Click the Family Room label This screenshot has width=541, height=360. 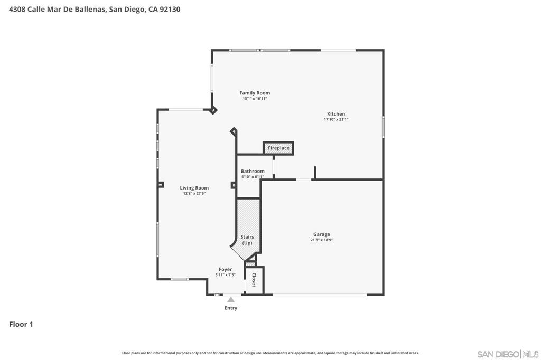(255, 93)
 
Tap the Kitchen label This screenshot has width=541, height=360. (336, 114)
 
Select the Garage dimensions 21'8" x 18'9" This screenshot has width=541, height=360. (322, 240)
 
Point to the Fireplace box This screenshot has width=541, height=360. (278, 148)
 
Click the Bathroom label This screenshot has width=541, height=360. (253, 171)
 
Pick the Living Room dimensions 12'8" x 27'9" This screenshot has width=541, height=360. (194, 193)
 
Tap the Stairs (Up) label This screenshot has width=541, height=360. (247, 240)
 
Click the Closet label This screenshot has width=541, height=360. (254, 280)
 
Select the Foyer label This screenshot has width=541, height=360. (225, 269)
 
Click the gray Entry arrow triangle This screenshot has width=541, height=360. (231, 300)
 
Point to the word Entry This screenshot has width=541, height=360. (231, 308)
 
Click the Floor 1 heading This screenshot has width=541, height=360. (21, 324)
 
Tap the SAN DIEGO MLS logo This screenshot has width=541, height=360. (508, 354)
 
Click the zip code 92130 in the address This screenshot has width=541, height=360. (170, 10)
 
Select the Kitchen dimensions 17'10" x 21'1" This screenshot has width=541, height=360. (336, 120)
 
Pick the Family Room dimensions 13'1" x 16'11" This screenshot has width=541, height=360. (255, 99)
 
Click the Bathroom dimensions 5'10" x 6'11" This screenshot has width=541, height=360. (253, 177)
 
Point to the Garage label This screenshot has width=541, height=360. (322, 234)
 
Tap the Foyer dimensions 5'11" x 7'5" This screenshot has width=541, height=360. (225, 275)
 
